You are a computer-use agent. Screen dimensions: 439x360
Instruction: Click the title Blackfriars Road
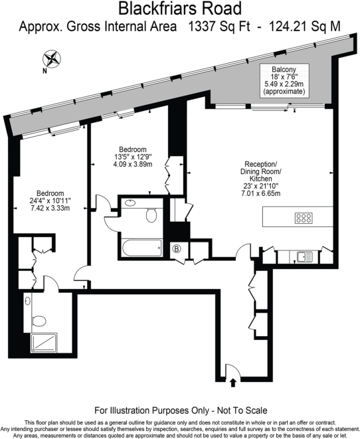179,9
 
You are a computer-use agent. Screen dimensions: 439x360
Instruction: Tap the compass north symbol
52,58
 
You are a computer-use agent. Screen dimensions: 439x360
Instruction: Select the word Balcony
284,69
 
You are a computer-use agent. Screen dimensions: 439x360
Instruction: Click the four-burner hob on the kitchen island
304,217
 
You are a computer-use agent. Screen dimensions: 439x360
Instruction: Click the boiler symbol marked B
177,250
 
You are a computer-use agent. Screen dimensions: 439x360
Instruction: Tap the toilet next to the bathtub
152,213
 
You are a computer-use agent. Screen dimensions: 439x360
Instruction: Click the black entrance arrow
232,383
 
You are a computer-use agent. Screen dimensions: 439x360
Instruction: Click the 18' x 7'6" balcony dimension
284,77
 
